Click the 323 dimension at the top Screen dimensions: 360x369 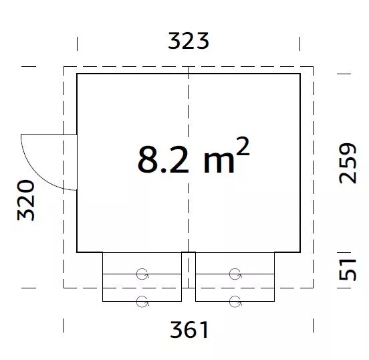189,41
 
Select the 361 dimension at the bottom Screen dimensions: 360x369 189,329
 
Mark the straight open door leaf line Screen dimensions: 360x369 50,134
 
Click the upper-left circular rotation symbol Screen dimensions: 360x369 142,274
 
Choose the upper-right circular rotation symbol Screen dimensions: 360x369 234,274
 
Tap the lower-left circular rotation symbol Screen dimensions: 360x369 142,300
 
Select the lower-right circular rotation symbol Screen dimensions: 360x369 234,300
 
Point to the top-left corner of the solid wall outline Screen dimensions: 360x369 77,74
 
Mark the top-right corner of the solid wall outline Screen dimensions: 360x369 300,74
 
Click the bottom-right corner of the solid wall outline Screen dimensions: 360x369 300,252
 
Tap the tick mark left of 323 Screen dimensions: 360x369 78,42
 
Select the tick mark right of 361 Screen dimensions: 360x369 314,326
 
